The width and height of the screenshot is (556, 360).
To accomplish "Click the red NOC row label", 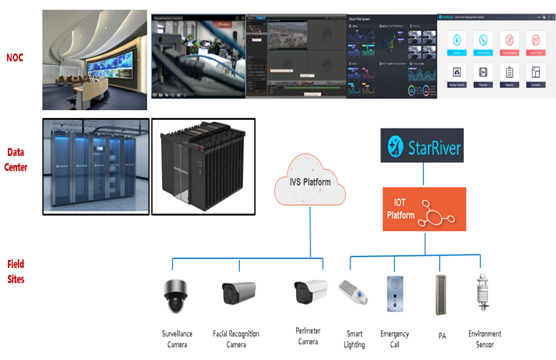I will tap(15, 57).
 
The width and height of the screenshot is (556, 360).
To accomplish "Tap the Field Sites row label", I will tap(16, 271).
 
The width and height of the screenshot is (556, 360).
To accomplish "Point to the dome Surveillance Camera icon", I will tap(175, 296).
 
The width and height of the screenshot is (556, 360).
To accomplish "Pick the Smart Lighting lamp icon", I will tap(355, 291).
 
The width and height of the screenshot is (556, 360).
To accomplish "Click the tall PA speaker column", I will tap(441, 294).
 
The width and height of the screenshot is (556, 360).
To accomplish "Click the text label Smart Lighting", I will tap(355, 339).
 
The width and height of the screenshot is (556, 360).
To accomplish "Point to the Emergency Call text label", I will tap(394, 339).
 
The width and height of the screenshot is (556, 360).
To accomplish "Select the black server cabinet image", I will tap(203, 165).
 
